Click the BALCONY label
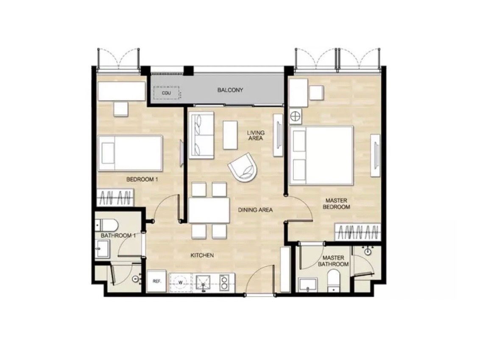coord(230,90)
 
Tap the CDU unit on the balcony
coord(166,92)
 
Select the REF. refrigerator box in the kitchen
coord(156,281)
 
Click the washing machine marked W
coord(180,282)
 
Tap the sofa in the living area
coord(201,135)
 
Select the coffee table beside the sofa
coord(230,135)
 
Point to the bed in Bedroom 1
coord(130,153)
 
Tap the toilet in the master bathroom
coord(334,282)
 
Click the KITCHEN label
coord(201,255)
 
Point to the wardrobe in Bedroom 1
coord(115,197)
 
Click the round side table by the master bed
coord(295,115)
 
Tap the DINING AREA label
coord(255,209)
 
